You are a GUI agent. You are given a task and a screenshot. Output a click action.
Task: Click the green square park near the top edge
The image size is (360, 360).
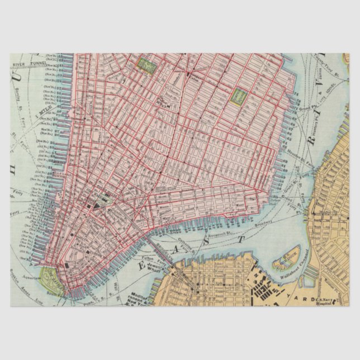click(x=148, y=65)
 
